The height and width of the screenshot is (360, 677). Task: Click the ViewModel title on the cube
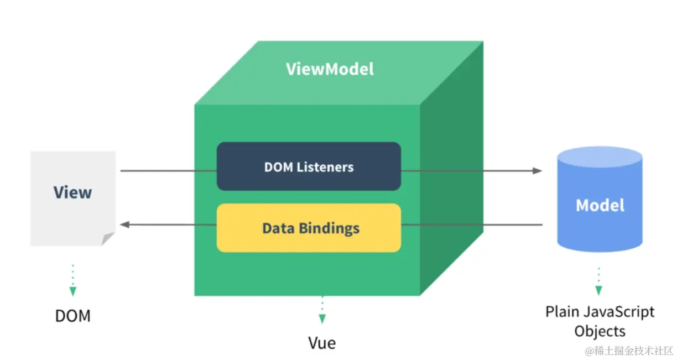330,69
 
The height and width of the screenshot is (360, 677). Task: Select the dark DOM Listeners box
309,166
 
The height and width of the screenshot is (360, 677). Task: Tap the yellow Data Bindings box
309,228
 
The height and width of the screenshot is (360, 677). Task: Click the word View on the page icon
72,192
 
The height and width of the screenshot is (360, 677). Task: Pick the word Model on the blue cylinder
600,206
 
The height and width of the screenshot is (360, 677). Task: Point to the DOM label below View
72,316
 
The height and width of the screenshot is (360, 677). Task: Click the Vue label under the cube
322,343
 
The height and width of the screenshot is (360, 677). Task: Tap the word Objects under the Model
600,331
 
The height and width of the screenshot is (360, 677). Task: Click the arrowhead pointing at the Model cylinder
537,170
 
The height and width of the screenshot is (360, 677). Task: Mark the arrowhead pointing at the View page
125,225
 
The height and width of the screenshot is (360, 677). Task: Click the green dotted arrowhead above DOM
72,291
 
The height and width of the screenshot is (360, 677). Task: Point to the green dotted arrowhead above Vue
322,319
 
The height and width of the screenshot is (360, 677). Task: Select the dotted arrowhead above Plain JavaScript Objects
598,290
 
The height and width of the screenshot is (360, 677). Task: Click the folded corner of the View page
108,238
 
